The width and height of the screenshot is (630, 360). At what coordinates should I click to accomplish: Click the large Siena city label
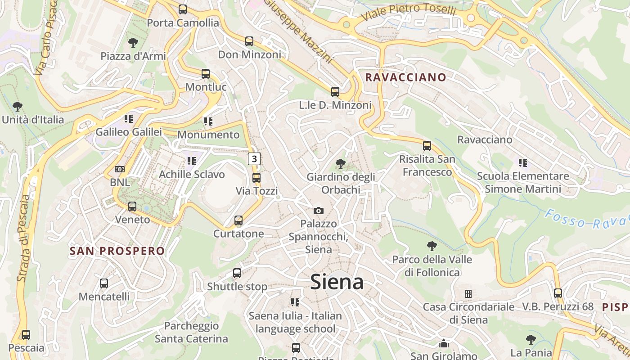pos(337,282)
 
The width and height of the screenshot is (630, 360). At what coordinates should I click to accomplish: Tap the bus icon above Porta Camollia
pos(183,9)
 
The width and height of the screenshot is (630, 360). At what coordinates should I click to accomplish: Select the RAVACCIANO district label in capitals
pos(405,77)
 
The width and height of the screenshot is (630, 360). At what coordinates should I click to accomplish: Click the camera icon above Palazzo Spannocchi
pos(319,211)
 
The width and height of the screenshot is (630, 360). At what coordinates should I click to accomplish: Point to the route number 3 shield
pos(255,159)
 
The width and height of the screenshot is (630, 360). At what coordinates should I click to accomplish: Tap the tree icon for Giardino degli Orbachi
pos(341,164)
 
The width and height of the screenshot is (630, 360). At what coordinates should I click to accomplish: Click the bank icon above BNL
pos(120,169)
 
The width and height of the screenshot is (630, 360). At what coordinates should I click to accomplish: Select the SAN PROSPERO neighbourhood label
pos(117,251)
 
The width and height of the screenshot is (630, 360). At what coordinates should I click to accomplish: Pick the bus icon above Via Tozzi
pos(256,178)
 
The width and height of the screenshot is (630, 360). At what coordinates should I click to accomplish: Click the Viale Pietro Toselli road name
pos(409,12)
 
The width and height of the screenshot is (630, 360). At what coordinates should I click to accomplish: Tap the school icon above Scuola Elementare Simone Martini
pos(522,162)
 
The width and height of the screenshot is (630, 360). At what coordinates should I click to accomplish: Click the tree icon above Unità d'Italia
pos(18,107)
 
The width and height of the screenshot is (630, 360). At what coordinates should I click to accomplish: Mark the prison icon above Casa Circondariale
pos(468,294)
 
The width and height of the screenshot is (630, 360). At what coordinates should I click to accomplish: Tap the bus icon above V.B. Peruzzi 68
pos(558,293)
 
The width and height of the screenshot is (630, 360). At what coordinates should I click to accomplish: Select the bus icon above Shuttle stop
pos(237,273)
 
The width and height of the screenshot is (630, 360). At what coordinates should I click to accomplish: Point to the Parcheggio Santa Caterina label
pos(191,332)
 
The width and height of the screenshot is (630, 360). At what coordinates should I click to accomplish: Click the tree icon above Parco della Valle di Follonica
pos(432,246)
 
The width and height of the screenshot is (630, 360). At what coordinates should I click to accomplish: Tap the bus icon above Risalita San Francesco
pos(427,146)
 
